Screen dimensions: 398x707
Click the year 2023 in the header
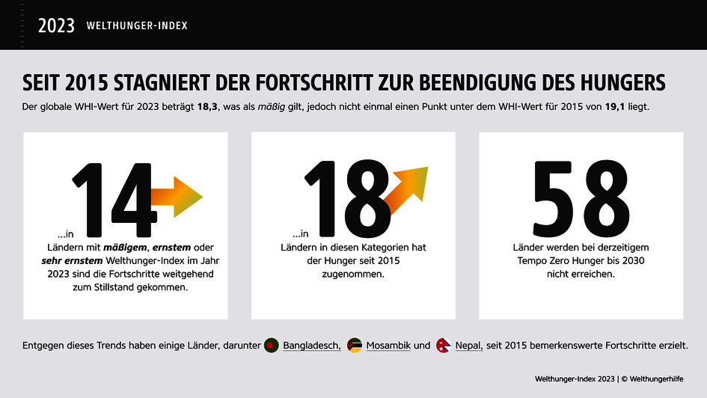point(56,25)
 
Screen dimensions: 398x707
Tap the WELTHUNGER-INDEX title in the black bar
point(137,25)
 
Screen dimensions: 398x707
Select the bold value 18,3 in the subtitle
point(207,108)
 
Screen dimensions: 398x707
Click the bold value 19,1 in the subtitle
point(617,108)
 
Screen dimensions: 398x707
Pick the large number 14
point(112,198)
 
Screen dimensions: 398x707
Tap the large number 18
point(346,196)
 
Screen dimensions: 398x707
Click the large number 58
point(581,196)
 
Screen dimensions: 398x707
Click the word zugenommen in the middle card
point(353,275)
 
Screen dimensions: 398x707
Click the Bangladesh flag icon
point(272,346)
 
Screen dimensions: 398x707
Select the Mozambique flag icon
point(355,346)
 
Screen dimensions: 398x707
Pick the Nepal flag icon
point(443,346)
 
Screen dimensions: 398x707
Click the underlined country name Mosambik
point(388,346)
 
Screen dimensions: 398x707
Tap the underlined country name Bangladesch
point(311,346)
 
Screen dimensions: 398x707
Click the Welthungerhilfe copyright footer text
point(608,379)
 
